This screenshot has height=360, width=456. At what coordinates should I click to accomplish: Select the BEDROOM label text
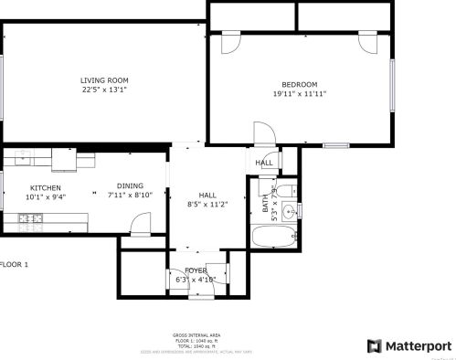[x=299, y=83]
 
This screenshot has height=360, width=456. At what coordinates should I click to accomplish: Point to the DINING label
[x=129, y=185]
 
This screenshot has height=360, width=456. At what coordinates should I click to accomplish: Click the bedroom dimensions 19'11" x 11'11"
[x=299, y=93]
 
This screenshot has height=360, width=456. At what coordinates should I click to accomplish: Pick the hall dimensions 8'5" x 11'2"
[x=207, y=205]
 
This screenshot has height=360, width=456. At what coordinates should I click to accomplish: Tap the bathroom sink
[x=290, y=212]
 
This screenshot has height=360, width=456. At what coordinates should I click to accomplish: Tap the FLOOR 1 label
[x=15, y=264]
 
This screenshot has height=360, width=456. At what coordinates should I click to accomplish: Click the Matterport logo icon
[x=374, y=346]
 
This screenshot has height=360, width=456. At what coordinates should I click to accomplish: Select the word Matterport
[x=417, y=346]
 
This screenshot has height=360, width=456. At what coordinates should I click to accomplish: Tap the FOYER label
[x=196, y=270]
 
